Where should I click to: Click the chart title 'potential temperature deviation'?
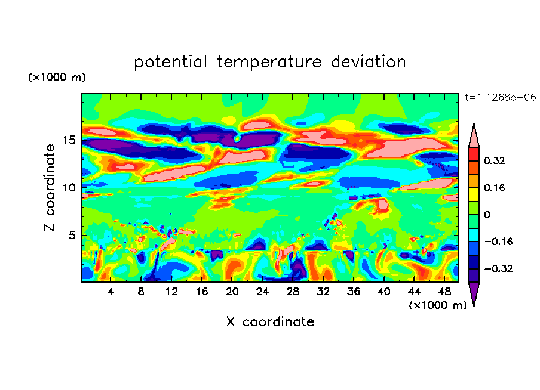270,62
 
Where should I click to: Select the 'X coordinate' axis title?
270,322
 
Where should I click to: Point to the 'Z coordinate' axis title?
50,188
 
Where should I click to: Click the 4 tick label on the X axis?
111,292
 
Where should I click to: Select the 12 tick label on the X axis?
172,292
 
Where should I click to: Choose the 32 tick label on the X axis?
324,292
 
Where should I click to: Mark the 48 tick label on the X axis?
444,292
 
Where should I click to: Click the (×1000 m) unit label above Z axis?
57,78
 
